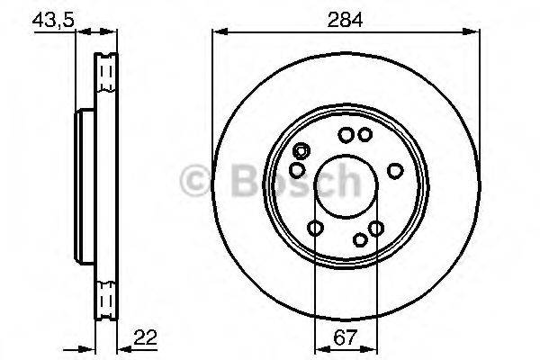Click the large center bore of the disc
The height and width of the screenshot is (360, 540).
pyautogui.click(x=343, y=188)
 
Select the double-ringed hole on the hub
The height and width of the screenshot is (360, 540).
pyautogui.click(x=302, y=151)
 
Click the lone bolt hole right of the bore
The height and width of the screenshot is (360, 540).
pyautogui.click(x=394, y=170)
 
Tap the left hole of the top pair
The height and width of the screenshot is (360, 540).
pyautogui.click(x=346, y=136)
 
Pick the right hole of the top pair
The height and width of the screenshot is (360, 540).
pyautogui.click(x=364, y=136)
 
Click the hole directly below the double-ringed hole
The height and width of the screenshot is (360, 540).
pyautogui.click(x=297, y=170)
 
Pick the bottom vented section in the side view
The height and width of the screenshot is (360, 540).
pyautogui.click(x=106, y=293)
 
